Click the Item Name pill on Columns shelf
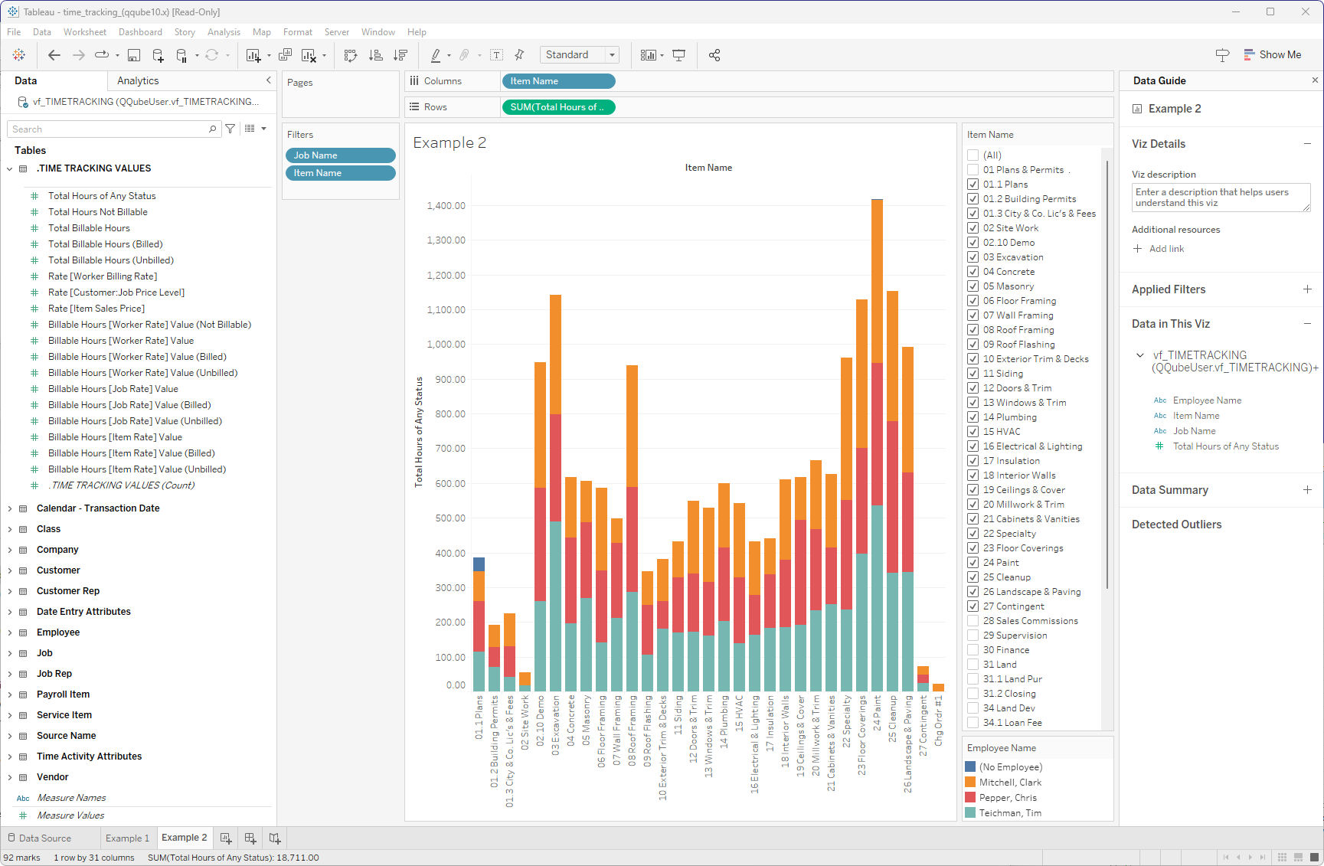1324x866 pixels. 558,81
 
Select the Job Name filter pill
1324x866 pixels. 340,155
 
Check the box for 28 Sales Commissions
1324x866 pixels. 973,621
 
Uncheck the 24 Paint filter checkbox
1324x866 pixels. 973,563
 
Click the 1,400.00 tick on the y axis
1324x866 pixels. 446,206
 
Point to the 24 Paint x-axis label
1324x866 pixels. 878,712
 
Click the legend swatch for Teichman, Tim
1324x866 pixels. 970,813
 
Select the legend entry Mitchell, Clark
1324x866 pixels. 1010,783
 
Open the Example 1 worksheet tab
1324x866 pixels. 127,838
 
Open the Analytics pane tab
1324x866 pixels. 138,81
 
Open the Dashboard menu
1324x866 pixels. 140,32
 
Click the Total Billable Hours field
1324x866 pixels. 89,228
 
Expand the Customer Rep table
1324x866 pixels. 10,591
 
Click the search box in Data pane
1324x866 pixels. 107,129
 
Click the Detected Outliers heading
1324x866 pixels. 1176,525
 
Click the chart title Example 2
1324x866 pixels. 450,143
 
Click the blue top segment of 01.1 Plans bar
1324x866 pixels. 479,564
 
